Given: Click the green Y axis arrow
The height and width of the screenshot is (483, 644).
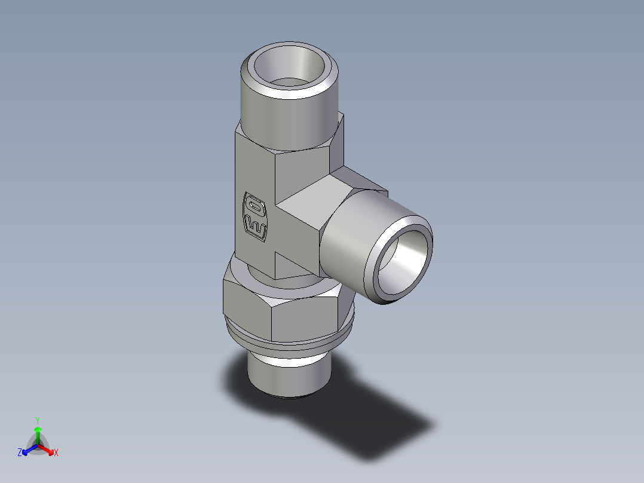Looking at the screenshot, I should tap(38, 432).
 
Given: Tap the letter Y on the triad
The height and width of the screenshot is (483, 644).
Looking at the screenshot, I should tap(38, 420).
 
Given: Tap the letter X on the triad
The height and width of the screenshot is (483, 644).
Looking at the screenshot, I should tap(56, 453).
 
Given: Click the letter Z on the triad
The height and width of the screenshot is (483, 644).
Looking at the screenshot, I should tap(20, 453).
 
